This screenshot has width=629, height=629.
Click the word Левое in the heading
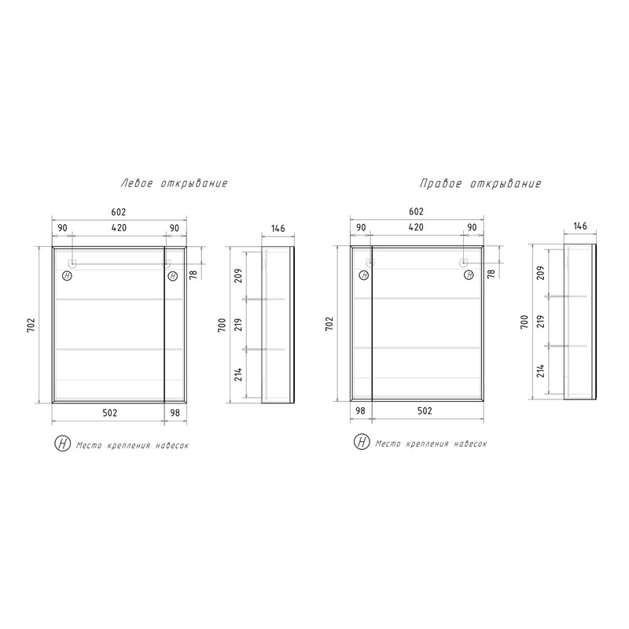[x=137, y=183]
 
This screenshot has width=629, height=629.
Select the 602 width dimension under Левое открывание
[x=119, y=212]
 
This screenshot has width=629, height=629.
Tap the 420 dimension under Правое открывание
[x=416, y=227]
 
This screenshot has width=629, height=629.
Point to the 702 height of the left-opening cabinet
[x=31, y=325]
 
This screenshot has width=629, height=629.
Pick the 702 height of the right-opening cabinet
[x=329, y=324]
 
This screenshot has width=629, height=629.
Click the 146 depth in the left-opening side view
[x=278, y=228]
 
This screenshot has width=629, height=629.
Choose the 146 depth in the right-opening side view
[x=580, y=226]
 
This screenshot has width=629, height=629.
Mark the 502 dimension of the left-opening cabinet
[x=109, y=413]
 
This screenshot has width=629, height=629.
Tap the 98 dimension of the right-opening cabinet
[x=360, y=410]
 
